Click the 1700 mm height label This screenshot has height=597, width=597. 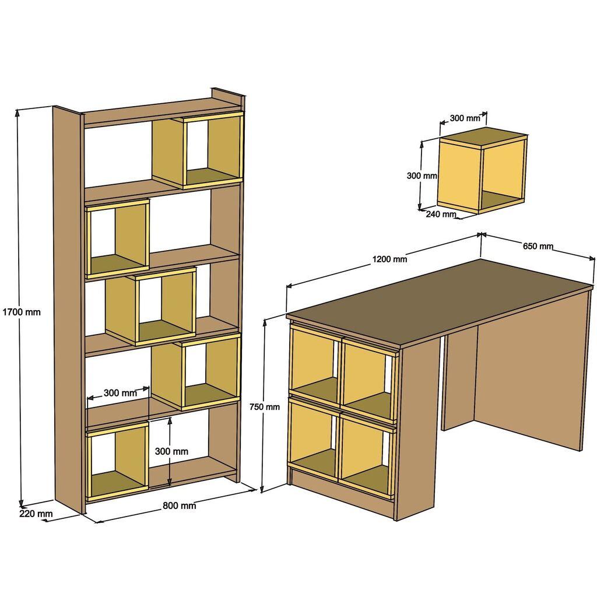[x=22, y=312]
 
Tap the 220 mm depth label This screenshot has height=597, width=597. [x=36, y=514]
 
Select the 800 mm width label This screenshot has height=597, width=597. [x=179, y=505]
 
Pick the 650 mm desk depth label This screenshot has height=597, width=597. [x=538, y=246]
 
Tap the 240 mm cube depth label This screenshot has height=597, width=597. [x=441, y=214]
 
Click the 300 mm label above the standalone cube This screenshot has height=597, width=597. [x=465, y=118]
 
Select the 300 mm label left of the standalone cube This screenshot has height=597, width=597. [x=422, y=175]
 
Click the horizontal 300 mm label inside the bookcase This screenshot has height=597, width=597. [x=120, y=392]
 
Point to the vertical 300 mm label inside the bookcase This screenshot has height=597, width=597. [x=171, y=451]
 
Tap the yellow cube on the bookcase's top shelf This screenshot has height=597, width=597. [x=198, y=150]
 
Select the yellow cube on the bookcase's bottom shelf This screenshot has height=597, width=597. [x=117, y=461]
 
